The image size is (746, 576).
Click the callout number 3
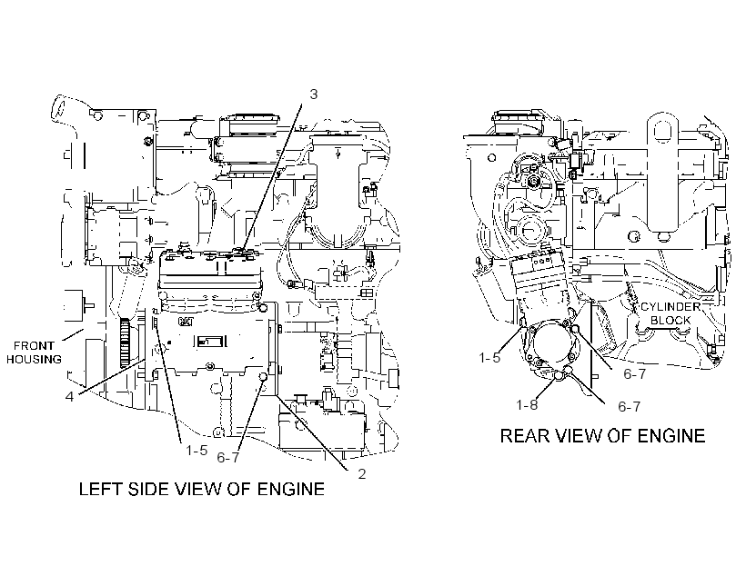click(313, 94)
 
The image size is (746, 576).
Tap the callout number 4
click(69, 396)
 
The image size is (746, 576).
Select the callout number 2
click(362, 474)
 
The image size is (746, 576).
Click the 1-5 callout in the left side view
click(197, 450)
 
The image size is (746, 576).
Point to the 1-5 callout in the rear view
click(489, 357)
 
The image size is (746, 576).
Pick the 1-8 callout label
click(527, 404)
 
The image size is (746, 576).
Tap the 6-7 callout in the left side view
click(227, 457)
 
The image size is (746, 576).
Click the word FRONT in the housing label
click(34, 345)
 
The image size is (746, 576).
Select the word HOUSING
click(34, 359)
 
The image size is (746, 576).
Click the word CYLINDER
click(670, 306)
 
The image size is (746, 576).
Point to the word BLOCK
click(670, 321)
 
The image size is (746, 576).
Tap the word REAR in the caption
click(523, 436)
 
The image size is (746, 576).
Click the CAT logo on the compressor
click(186, 322)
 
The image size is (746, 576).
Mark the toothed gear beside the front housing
click(125, 343)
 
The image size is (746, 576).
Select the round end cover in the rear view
click(552, 346)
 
